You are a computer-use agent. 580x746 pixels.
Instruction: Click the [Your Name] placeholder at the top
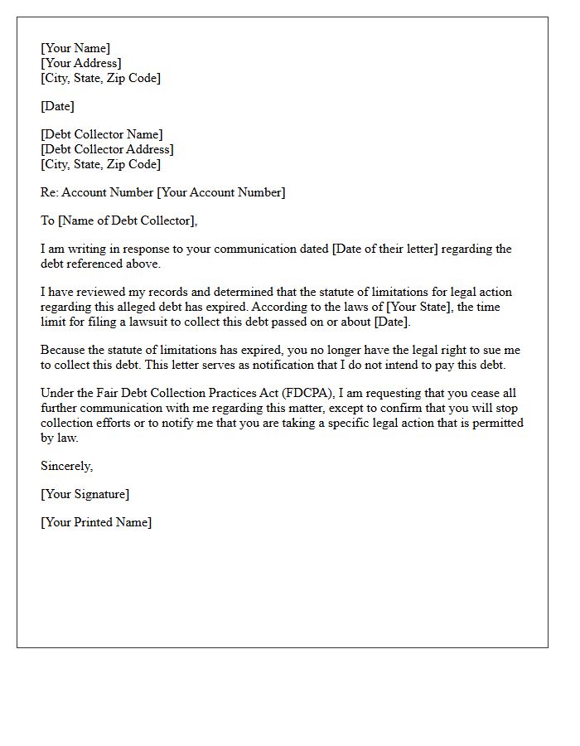75,49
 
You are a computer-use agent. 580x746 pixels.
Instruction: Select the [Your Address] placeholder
81,64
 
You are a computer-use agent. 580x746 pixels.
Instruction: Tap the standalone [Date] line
57,106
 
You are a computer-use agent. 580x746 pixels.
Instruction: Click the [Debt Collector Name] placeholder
101,134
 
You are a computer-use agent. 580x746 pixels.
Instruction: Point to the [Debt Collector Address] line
107,149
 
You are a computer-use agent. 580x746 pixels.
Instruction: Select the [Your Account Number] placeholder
221,192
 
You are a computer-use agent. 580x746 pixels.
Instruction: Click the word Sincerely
66,466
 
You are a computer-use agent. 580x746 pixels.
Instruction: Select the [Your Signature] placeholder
85,494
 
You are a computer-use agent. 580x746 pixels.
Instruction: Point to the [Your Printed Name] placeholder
96,522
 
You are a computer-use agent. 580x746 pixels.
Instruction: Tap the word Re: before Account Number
50,192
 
